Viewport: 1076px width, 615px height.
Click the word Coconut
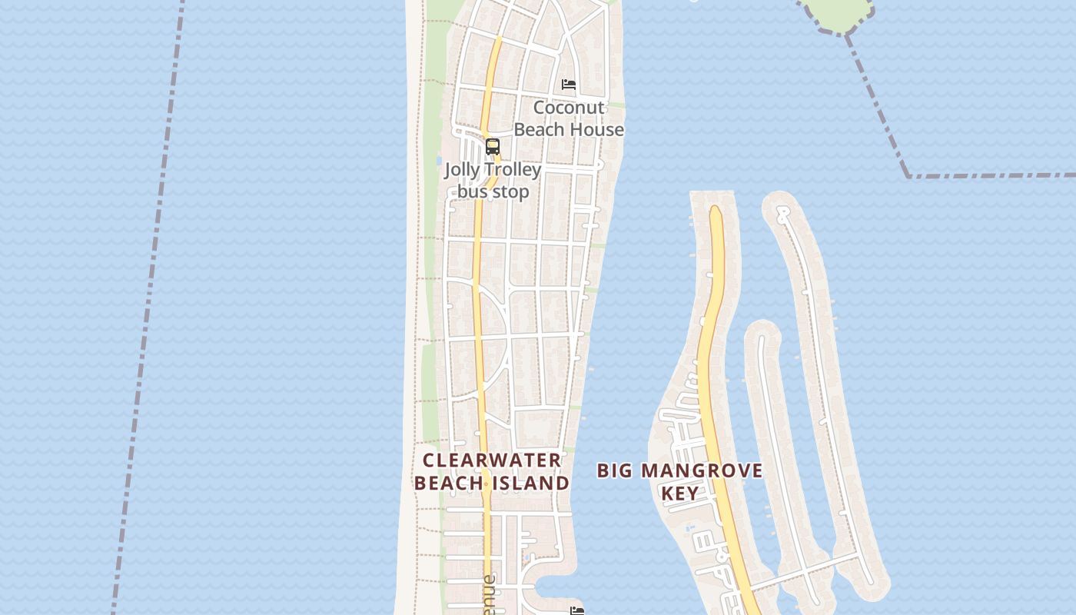click(x=569, y=108)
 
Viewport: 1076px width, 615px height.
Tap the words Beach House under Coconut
click(x=569, y=129)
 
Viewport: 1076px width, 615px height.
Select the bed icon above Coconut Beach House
click(x=569, y=84)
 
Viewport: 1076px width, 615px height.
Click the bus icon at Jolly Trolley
click(x=493, y=146)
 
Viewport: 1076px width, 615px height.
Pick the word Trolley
click(x=513, y=169)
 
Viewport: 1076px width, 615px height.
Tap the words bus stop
click(x=493, y=191)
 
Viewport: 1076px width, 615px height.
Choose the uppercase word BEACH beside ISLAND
click(x=450, y=483)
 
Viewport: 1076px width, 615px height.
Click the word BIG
click(x=615, y=470)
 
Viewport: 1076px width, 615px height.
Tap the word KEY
click(x=680, y=493)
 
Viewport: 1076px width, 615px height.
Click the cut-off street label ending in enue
click(x=490, y=596)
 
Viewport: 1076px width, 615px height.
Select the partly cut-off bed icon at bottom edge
click(x=577, y=610)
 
